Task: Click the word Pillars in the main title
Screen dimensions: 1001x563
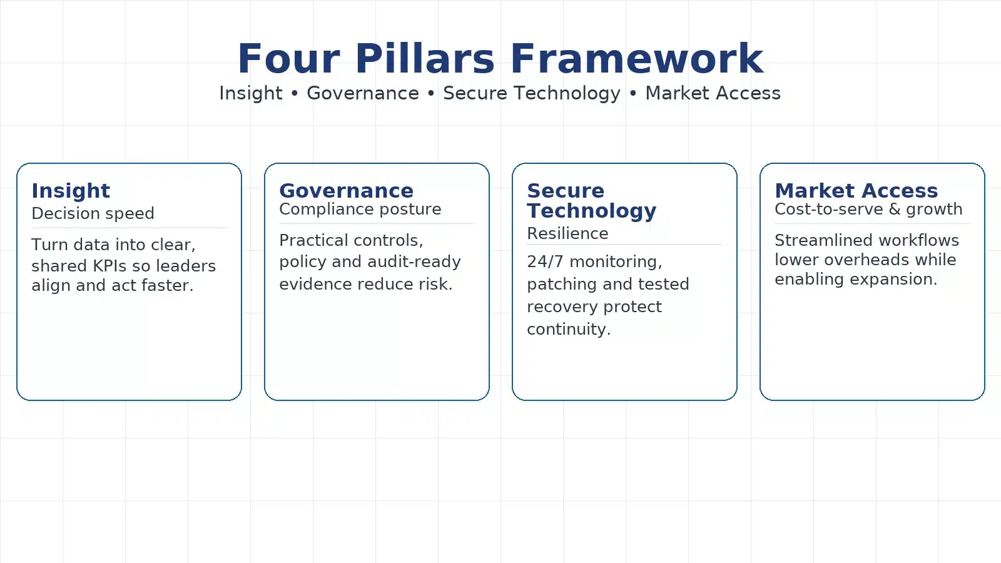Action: coord(425,59)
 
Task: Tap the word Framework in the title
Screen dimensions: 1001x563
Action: coord(637,59)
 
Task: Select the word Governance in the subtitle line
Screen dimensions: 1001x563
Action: coord(363,93)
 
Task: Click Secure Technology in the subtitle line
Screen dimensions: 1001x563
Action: coord(532,93)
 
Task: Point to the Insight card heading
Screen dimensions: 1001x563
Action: coord(71,191)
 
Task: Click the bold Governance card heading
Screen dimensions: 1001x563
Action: coord(347,191)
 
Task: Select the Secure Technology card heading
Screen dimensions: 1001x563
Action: coord(592,201)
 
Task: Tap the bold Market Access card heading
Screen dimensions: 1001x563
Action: coord(856,191)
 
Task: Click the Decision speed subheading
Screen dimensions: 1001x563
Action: coord(93,213)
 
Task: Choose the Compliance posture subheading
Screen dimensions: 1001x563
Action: coord(360,210)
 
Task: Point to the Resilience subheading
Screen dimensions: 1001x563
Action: coord(567,233)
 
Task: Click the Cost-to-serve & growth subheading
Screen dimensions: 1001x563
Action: coord(868,209)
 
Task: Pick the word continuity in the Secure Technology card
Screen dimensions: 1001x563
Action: coord(569,329)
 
